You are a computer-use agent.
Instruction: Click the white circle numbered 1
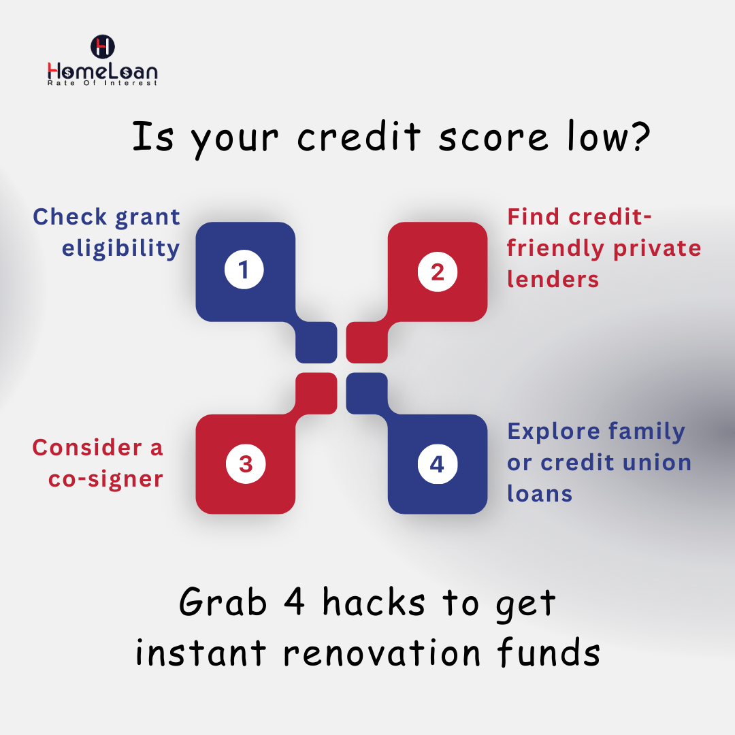coord(244,271)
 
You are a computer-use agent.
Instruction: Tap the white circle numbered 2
coord(437,272)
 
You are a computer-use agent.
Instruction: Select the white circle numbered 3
coord(245,464)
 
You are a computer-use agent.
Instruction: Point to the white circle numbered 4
coord(437,464)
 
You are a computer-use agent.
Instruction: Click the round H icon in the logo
coord(103,47)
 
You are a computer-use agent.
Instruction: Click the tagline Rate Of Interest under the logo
coord(102,83)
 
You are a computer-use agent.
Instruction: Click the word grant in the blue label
coord(148,218)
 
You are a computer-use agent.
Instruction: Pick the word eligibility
coord(120,249)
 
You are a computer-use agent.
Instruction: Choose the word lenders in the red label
coord(553,279)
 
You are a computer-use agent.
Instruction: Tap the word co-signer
coord(105,479)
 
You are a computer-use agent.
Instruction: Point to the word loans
coord(540,493)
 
